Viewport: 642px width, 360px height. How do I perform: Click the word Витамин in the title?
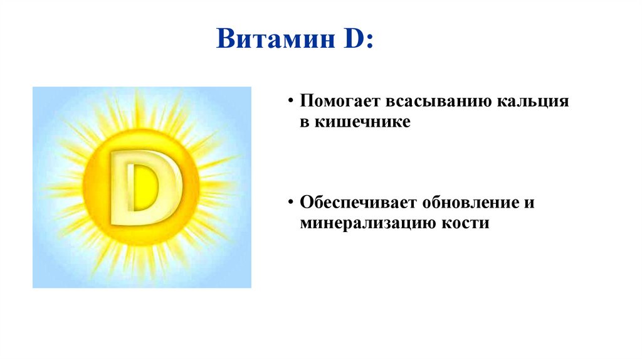pos(276,38)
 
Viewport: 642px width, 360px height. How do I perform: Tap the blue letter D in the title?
pos(354,38)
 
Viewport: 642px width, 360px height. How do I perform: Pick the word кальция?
pos(533,102)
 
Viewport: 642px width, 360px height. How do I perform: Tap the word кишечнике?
pos(362,122)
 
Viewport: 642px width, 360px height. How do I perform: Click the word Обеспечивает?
pos(357,203)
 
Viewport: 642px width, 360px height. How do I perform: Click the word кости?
pos(466,224)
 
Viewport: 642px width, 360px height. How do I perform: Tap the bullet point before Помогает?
pos(291,101)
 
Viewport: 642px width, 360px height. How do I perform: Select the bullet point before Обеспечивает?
pos(291,203)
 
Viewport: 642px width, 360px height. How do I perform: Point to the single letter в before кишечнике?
pos(305,122)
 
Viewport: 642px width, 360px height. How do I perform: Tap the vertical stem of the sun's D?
pos(122,188)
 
